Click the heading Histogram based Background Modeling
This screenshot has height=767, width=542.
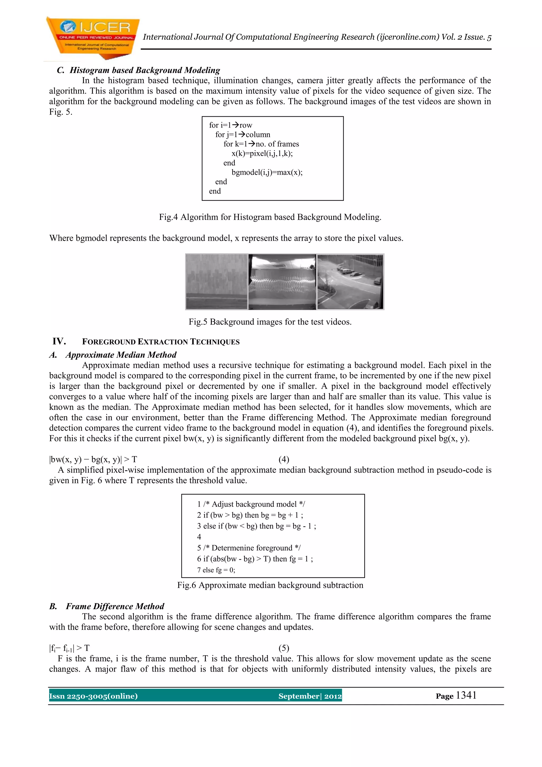[144, 70]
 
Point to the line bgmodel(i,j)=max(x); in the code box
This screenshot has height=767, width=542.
[267, 172]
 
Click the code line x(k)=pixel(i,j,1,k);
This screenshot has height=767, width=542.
[262, 153]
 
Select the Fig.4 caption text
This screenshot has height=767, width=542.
[270, 217]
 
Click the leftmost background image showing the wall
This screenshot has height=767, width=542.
[216, 281]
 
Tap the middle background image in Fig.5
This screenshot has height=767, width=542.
[282, 281]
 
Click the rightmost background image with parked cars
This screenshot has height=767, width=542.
[350, 281]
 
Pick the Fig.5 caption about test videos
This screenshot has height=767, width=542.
[270, 322]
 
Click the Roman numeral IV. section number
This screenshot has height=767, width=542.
[59, 341]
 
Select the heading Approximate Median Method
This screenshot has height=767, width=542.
[121, 355]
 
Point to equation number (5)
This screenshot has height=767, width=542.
[284, 648]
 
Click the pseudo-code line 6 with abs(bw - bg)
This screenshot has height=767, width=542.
[255, 559]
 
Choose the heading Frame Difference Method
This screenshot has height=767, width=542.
[115, 606]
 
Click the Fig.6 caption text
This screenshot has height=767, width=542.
[270, 585]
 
